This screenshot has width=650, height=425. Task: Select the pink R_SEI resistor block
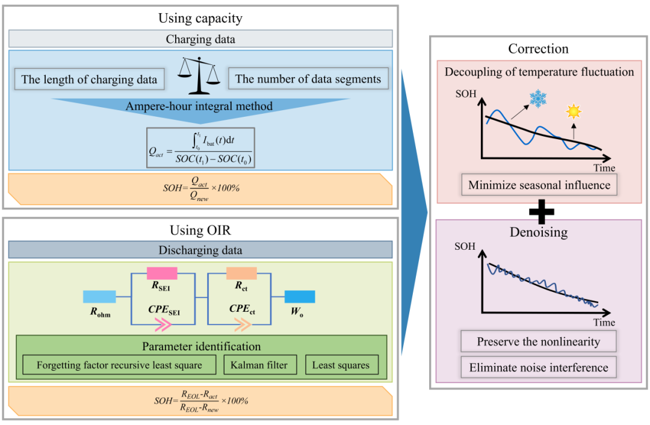[161, 273]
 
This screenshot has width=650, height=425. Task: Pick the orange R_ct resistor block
[241, 273]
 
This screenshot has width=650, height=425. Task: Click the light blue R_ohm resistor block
[99, 296]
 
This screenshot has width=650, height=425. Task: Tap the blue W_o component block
[300, 296]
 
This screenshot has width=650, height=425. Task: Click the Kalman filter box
[261, 365]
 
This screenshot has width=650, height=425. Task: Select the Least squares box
[341, 365]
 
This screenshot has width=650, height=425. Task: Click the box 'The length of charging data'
[89, 79]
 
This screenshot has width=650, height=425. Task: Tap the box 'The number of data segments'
[308, 79]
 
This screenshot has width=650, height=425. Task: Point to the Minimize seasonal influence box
[539, 185]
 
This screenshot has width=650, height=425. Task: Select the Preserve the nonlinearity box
[539, 342]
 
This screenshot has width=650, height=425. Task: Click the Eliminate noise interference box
[539, 367]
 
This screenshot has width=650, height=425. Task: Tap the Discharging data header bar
[200, 250]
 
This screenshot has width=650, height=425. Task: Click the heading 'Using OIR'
[200, 231]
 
